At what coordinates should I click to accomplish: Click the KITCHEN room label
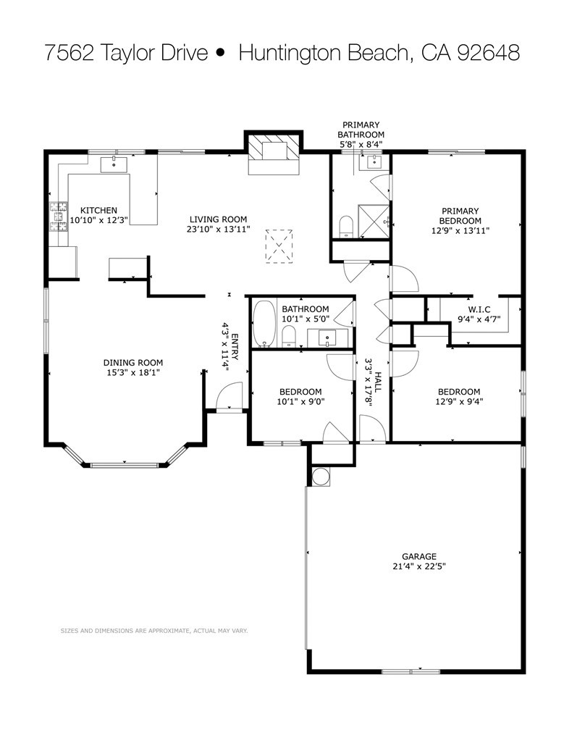point(98,211)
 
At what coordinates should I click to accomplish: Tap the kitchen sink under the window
point(114,164)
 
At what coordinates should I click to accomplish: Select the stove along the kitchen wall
point(59,217)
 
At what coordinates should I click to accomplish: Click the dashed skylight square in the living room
point(279,246)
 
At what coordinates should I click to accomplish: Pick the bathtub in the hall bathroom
point(264,324)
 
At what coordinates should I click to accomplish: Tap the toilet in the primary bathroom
point(346,227)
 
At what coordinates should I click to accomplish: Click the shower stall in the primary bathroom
point(373,221)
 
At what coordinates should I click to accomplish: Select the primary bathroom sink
point(373,162)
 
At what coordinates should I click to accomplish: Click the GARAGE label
point(419,556)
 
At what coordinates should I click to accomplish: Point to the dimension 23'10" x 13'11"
point(218,229)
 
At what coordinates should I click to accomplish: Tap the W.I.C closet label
point(479,310)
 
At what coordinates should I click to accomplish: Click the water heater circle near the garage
point(321,477)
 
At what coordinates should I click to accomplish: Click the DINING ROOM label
point(133,363)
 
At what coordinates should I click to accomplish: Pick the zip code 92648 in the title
point(488,53)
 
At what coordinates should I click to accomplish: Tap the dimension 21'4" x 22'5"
point(419,566)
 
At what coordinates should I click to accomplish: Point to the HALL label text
point(378,382)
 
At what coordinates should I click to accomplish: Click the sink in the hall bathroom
point(329,337)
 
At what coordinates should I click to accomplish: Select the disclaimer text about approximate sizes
point(154,631)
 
